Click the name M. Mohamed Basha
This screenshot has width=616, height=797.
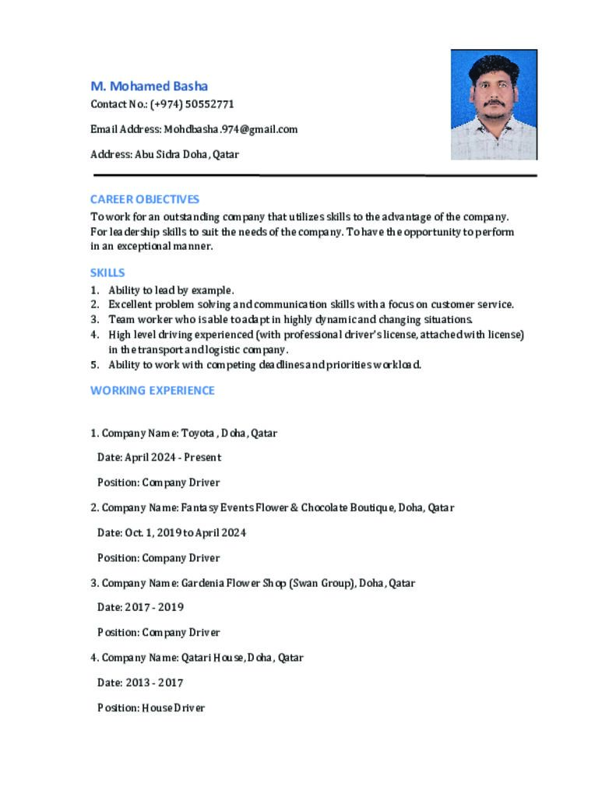tap(149, 86)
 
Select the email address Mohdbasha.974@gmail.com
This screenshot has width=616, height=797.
tap(231, 129)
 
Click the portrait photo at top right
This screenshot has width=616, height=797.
tap(494, 104)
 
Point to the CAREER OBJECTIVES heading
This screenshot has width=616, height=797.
tap(145, 199)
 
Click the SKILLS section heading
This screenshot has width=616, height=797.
tap(107, 273)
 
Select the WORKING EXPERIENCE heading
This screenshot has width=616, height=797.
tap(153, 391)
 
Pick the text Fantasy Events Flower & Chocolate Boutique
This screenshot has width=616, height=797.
tap(287, 507)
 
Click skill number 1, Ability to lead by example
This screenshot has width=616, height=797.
tap(171, 290)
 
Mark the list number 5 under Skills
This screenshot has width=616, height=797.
tap(94, 364)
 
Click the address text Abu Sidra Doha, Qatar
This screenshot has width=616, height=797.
tap(187, 154)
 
